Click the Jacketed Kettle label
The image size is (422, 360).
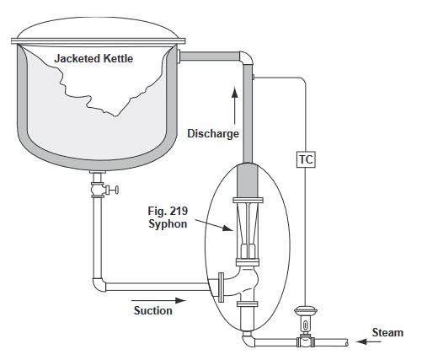pyautogui.click(x=93, y=58)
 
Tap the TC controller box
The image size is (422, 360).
pyautogui.click(x=306, y=159)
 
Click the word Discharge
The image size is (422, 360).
pyautogui.click(x=213, y=133)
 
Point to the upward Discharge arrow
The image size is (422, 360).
pyautogui.click(x=235, y=105)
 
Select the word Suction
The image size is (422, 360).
pyautogui.click(x=153, y=310)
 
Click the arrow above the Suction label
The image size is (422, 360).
pyautogui.click(x=158, y=300)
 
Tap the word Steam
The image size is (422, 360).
pyautogui.click(x=387, y=332)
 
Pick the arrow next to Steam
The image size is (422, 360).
pyautogui.click(x=369, y=341)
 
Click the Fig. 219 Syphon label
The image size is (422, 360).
pyautogui.click(x=168, y=218)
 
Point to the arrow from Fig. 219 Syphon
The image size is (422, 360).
pyautogui.click(x=214, y=225)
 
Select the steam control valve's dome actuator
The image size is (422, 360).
pyautogui.click(x=305, y=311)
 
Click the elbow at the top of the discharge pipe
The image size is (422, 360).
pyautogui.click(x=248, y=57)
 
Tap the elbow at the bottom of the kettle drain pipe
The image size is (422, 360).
pyautogui.click(x=99, y=285)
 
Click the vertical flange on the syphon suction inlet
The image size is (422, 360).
pyautogui.click(x=222, y=287)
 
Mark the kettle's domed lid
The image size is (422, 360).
pyautogui.click(x=98, y=28)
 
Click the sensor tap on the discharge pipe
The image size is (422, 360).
pyautogui.click(x=254, y=77)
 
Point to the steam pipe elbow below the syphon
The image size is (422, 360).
pyautogui.click(x=248, y=340)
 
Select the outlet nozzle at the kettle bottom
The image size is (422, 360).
pyautogui.click(x=98, y=172)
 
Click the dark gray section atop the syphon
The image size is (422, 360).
pyautogui.click(x=248, y=180)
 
